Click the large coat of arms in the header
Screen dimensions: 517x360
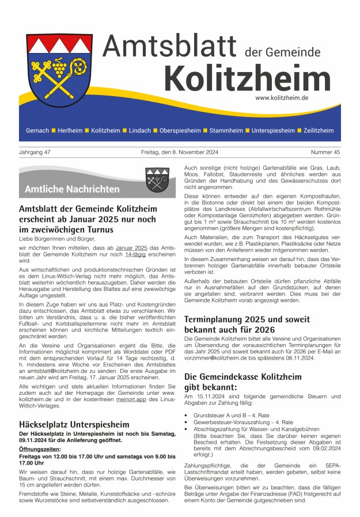(x=59, y=74)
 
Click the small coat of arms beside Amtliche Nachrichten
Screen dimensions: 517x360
(x=156, y=179)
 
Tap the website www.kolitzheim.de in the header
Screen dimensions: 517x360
(x=281, y=98)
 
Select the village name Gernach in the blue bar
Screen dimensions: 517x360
(x=37, y=131)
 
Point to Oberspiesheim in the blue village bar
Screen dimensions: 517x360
(x=180, y=131)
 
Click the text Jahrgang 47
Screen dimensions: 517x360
(x=35, y=153)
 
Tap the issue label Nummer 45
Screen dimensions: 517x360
(x=325, y=153)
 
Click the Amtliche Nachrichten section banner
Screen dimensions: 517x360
(x=72, y=189)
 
